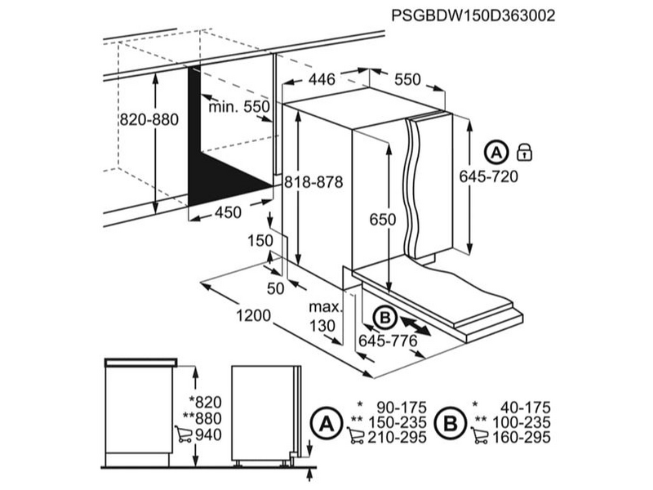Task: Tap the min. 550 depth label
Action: [238, 107]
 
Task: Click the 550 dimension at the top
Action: [406, 79]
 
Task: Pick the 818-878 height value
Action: [313, 184]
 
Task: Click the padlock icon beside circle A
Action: [525, 151]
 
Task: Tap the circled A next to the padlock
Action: [495, 151]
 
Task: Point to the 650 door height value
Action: [381, 220]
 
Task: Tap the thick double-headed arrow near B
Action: [418, 326]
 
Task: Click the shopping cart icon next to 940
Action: [184, 435]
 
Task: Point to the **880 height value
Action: [204, 419]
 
